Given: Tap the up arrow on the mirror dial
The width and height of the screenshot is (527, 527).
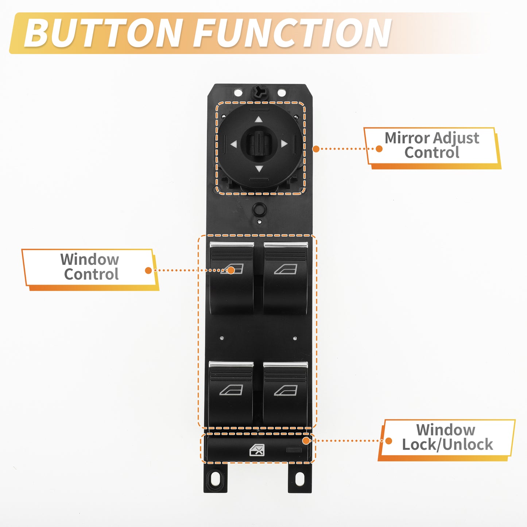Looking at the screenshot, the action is [x=259, y=120].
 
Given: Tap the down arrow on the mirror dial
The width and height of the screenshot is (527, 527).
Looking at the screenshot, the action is [x=259, y=168].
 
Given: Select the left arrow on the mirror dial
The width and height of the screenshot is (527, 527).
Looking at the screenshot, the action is [x=233, y=144].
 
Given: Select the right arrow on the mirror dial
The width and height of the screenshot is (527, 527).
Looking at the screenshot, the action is [x=284, y=144].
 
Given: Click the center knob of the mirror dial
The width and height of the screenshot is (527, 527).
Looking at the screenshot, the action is [x=259, y=143].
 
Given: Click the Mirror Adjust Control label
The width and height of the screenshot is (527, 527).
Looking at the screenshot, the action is [x=432, y=145].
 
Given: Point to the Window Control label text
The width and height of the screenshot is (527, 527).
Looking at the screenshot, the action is [x=90, y=267].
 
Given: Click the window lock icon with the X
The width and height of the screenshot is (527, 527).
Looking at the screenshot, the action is [x=257, y=450].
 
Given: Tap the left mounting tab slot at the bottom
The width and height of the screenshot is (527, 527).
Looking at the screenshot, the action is [x=215, y=477].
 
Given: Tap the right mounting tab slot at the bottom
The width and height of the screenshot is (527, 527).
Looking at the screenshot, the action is [x=300, y=478].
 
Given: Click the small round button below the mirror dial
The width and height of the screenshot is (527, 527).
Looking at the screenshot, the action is [x=259, y=209].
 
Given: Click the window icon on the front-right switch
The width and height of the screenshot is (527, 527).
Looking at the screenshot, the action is [x=286, y=269].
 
